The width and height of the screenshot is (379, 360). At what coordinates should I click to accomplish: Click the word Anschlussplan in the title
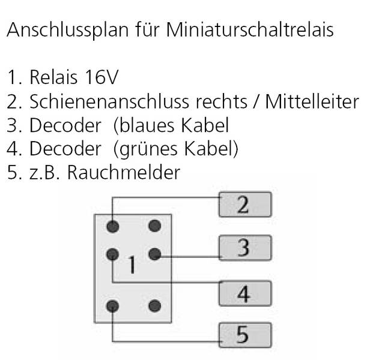[x=68, y=30]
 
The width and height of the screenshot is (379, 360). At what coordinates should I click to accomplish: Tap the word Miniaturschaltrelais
[x=250, y=29]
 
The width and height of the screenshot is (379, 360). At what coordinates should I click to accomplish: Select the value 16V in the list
[x=102, y=77]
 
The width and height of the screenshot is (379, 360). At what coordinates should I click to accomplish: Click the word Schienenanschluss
[x=109, y=101]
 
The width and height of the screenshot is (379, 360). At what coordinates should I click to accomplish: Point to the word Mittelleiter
[x=312, y=101]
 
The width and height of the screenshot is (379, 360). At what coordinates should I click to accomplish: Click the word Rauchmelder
[x=124, y=172]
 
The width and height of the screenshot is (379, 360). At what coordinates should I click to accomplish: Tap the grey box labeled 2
[x=245, y=205]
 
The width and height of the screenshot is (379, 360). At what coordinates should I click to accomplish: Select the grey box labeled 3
[x=245, y=248]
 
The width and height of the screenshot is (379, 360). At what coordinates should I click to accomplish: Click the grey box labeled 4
[x=245, y=293]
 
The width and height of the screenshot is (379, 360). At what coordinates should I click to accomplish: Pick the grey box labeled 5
[x=245, y=335]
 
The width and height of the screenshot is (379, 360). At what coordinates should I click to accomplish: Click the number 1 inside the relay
[x=132, y=265]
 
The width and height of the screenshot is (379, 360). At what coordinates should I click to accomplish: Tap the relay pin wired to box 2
[x=113, y=226]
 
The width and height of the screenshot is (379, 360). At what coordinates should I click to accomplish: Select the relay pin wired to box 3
[x=155, y=254]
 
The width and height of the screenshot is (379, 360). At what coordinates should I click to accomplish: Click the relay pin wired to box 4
[x=113, y=254]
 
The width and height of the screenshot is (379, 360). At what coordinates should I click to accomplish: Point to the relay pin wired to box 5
[x=113, y=306]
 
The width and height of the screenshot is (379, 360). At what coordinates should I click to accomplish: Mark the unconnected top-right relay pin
[x=155, y=226]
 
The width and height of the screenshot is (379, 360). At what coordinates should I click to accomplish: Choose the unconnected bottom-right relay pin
[x=155, y=306]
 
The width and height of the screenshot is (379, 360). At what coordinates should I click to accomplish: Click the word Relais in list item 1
[x=53, y=77]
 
